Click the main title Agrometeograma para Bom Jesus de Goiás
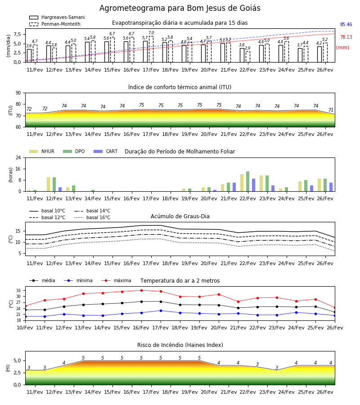180,8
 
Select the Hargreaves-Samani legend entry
57,17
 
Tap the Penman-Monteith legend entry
55,24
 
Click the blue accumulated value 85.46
346,25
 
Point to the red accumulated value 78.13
346,37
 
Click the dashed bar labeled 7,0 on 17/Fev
151,49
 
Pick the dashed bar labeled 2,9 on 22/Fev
248,57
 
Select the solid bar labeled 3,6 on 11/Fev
29,55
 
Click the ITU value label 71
331,110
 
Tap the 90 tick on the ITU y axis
18,93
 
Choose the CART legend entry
105,151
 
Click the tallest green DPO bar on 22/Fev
247,181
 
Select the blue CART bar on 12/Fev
60,189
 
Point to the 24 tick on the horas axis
18,157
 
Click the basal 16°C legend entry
92,217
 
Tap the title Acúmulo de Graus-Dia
180,216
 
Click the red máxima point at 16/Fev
141,290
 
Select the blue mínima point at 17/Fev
161,310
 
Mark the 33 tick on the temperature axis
18,291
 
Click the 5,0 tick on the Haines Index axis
18,360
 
